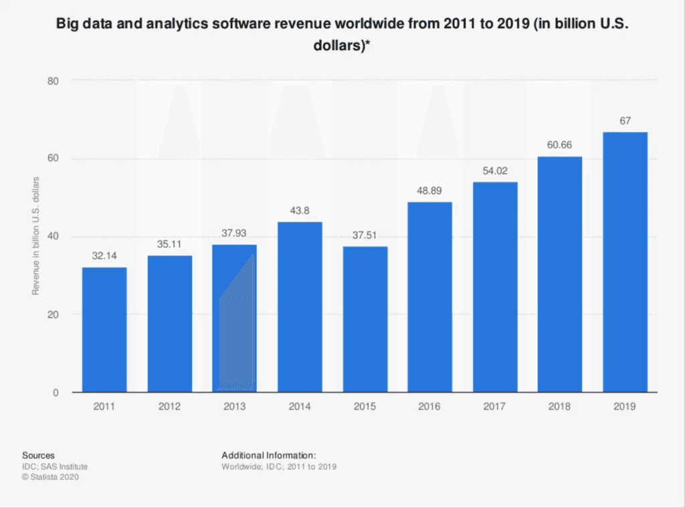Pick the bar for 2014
[x=300, y=307]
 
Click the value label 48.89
[x=430, y=190]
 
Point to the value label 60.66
[x=560, y=145]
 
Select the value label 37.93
[x=234, y=233]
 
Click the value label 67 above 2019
[x=625, y=120]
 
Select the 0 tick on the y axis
[x=57, y=393]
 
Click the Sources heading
[x=38, y=455]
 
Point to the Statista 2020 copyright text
[x=54, y=477]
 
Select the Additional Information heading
[x=268, y=455]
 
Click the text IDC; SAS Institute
[x=54, y=466]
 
